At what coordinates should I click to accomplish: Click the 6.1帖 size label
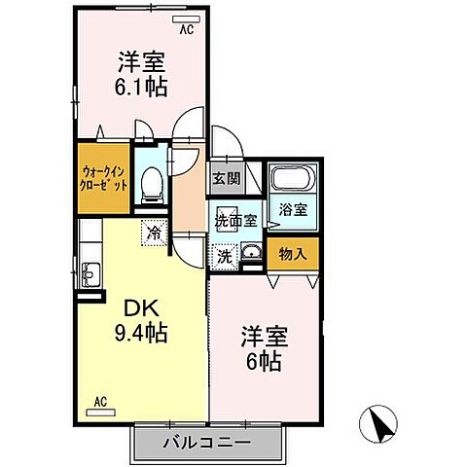(141, 87)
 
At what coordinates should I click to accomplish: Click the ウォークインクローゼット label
(104, 179)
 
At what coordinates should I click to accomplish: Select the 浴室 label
(293, 208)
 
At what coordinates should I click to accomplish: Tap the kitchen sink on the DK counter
(90, 274)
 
